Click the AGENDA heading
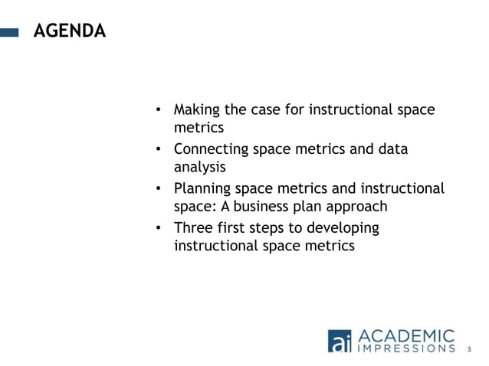click(69, 31)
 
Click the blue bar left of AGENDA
click(9, 32)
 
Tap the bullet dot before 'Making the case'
click(158, 110)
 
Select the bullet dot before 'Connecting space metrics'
click(158, 149)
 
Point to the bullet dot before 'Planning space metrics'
click(158, 188)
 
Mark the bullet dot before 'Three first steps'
click(158, 228)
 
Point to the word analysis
click(199, 168)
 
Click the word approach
click(358, 208)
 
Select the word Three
click(192, 227)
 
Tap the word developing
click(341, 228)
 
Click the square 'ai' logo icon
click(340, 341)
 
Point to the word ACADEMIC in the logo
click(406, 335)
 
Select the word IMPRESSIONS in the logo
click(407, 349)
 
